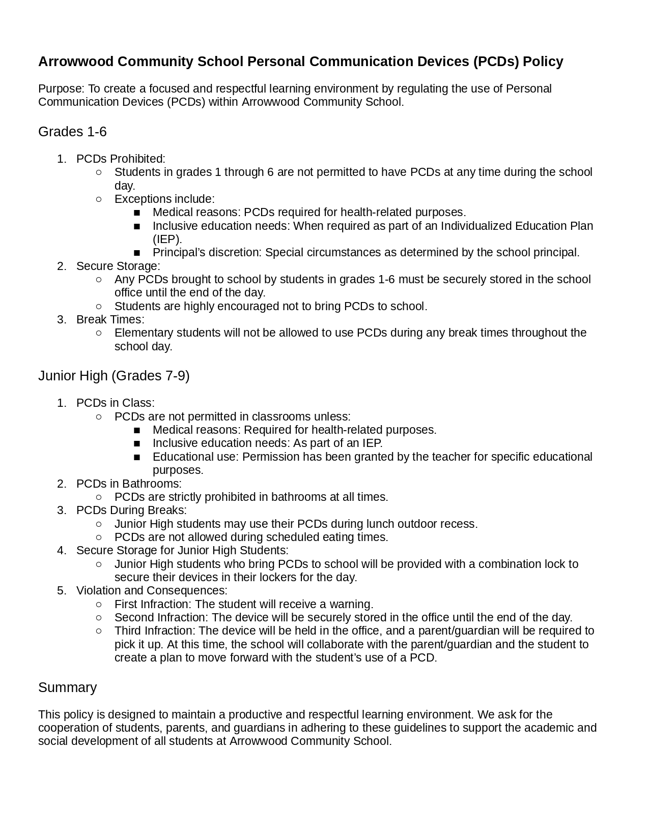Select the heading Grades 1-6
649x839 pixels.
point(72,132)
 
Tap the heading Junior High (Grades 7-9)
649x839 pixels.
point(114,376)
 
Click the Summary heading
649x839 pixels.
point(67,687)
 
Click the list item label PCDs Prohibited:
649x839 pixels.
point(121,159)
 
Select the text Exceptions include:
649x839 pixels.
point(164,199)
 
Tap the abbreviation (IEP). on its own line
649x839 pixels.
point(167,239)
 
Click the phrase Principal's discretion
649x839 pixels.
point(207,253)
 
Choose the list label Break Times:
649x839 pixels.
point(110,319)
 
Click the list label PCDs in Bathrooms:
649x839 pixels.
point(129,484)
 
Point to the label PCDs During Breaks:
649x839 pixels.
point(131,510)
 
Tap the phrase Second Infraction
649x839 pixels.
point(161,617)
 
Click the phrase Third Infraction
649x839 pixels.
point(155,631)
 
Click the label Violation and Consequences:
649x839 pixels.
point(152,590)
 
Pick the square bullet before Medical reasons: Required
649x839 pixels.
point(136,430)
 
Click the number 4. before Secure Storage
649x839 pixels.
point(62,550)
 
